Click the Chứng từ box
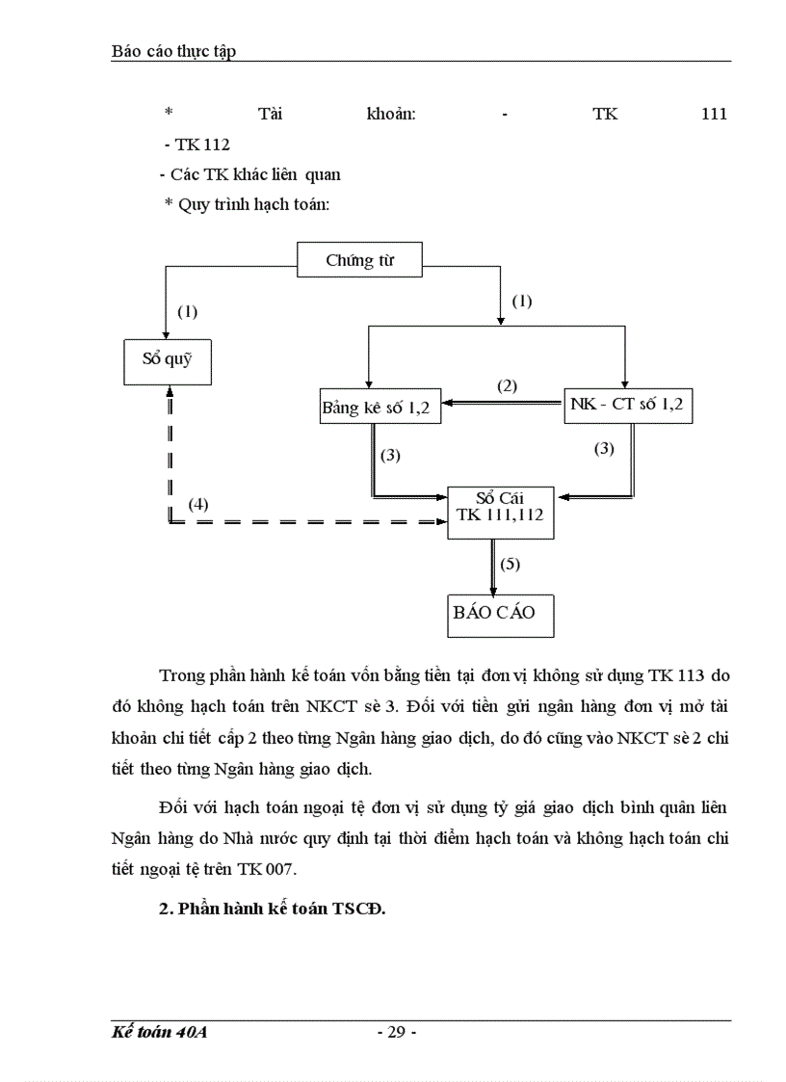coord(359,260)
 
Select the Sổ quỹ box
coord(168,361)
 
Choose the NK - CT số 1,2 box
coord(627,405)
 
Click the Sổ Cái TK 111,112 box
coord(500,507)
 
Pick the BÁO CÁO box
coord(501,613)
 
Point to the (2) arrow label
coord(507,386)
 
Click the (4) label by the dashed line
coord(197,504)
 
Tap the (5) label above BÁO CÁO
coord(511,563)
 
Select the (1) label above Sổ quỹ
coord(187,311)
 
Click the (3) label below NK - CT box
coord(604,448)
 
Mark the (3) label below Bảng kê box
coord(390,455)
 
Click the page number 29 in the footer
coord(396,1033)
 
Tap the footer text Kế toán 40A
coord(160,1033)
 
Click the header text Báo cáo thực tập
coord(173,51)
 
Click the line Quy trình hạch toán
coord(248,205)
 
